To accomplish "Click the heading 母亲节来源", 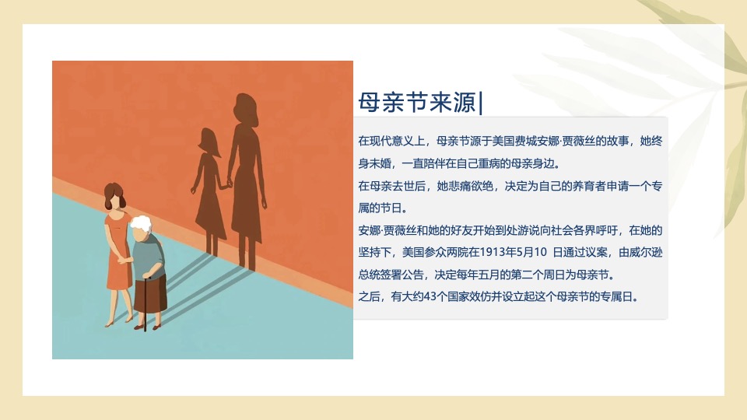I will pyautogui.click(x=417, y=102).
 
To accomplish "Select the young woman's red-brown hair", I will pyautogui.click(x=113, y=194).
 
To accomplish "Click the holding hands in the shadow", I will pyautogui.click(x=228, y=184).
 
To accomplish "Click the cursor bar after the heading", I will pyautogui.click(x=481, y=102).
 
